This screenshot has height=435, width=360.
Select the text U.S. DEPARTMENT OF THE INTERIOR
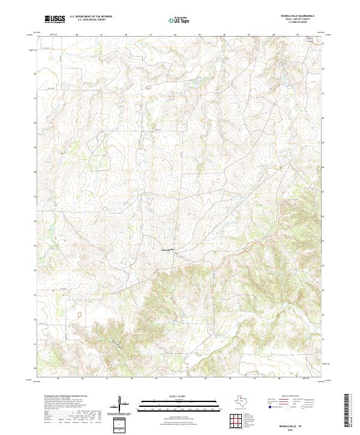coord(91,17)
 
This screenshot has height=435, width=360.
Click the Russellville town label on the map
coord(167,250)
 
